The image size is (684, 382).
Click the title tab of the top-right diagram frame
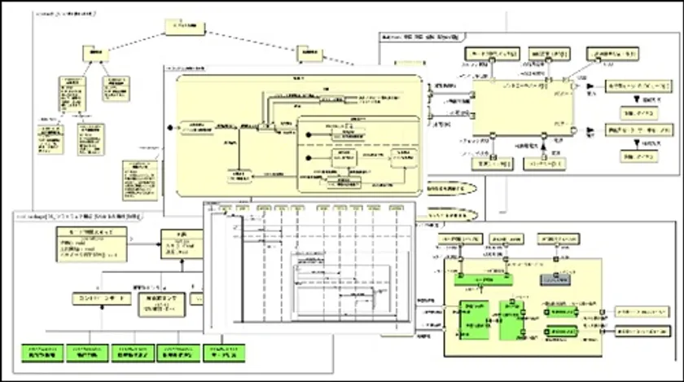[x=423, y=37]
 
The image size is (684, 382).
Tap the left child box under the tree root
[x=94, y=54]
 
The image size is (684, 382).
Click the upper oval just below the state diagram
[x=449, y=188]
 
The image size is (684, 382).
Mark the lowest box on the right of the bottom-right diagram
[x=643, y=332]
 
